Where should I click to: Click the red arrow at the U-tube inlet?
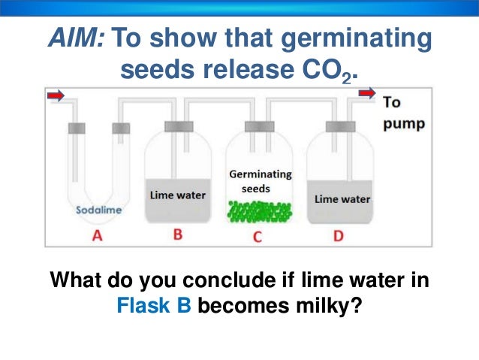point(56,95)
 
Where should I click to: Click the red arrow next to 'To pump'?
point(367,93)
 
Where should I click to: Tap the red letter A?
point(96,236)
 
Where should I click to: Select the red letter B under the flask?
point(177,234)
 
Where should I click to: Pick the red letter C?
point(257,237)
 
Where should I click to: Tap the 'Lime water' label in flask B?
point(177,195)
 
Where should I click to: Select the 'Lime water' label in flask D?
point(342,199)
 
